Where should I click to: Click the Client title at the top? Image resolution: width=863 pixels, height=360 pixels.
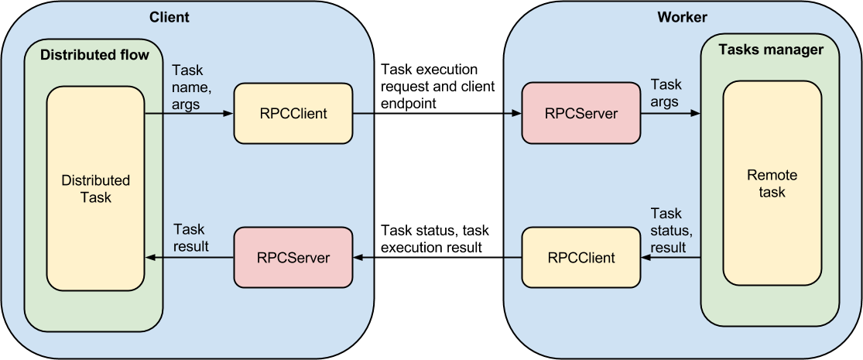tap(169, 17)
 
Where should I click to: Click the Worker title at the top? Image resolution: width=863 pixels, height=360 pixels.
tap(682, 17)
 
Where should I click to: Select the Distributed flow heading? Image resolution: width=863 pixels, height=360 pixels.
tap(94, 55)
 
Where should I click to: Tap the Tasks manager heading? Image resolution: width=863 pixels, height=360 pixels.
tap(771, 50)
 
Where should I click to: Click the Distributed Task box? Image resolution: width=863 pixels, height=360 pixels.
tap(95, 188)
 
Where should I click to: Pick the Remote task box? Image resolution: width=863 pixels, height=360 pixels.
tap(772, 183)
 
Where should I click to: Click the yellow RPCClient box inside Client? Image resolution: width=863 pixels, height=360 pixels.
tap(293, 114)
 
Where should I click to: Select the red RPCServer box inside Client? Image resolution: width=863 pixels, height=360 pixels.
tap(293, 257)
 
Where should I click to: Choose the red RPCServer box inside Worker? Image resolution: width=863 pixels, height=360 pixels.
tap(581, 113)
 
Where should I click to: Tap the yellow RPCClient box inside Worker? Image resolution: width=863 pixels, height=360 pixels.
tap(581, 257)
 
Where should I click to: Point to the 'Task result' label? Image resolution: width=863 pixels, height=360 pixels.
tap(190, 238)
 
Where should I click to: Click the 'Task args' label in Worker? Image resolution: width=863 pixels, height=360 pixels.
tap(666, 93)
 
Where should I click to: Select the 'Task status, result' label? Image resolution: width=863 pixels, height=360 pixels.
tap(670, 230)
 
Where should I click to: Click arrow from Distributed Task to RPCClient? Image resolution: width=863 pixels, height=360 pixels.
tap(189, 114)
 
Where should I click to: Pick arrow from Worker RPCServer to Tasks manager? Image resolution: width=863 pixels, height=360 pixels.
tap(670, 114)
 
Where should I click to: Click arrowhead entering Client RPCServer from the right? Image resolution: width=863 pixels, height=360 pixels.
tap(358, 258)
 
